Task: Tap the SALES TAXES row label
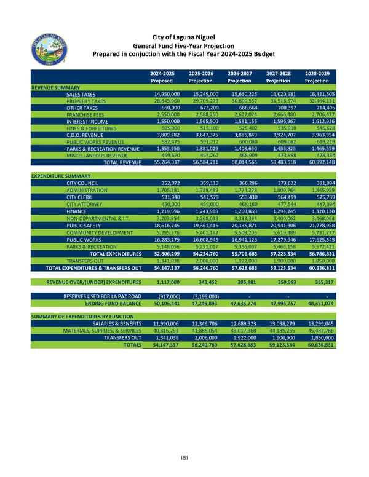tap(86, 93)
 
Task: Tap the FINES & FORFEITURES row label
tap(93, 128)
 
